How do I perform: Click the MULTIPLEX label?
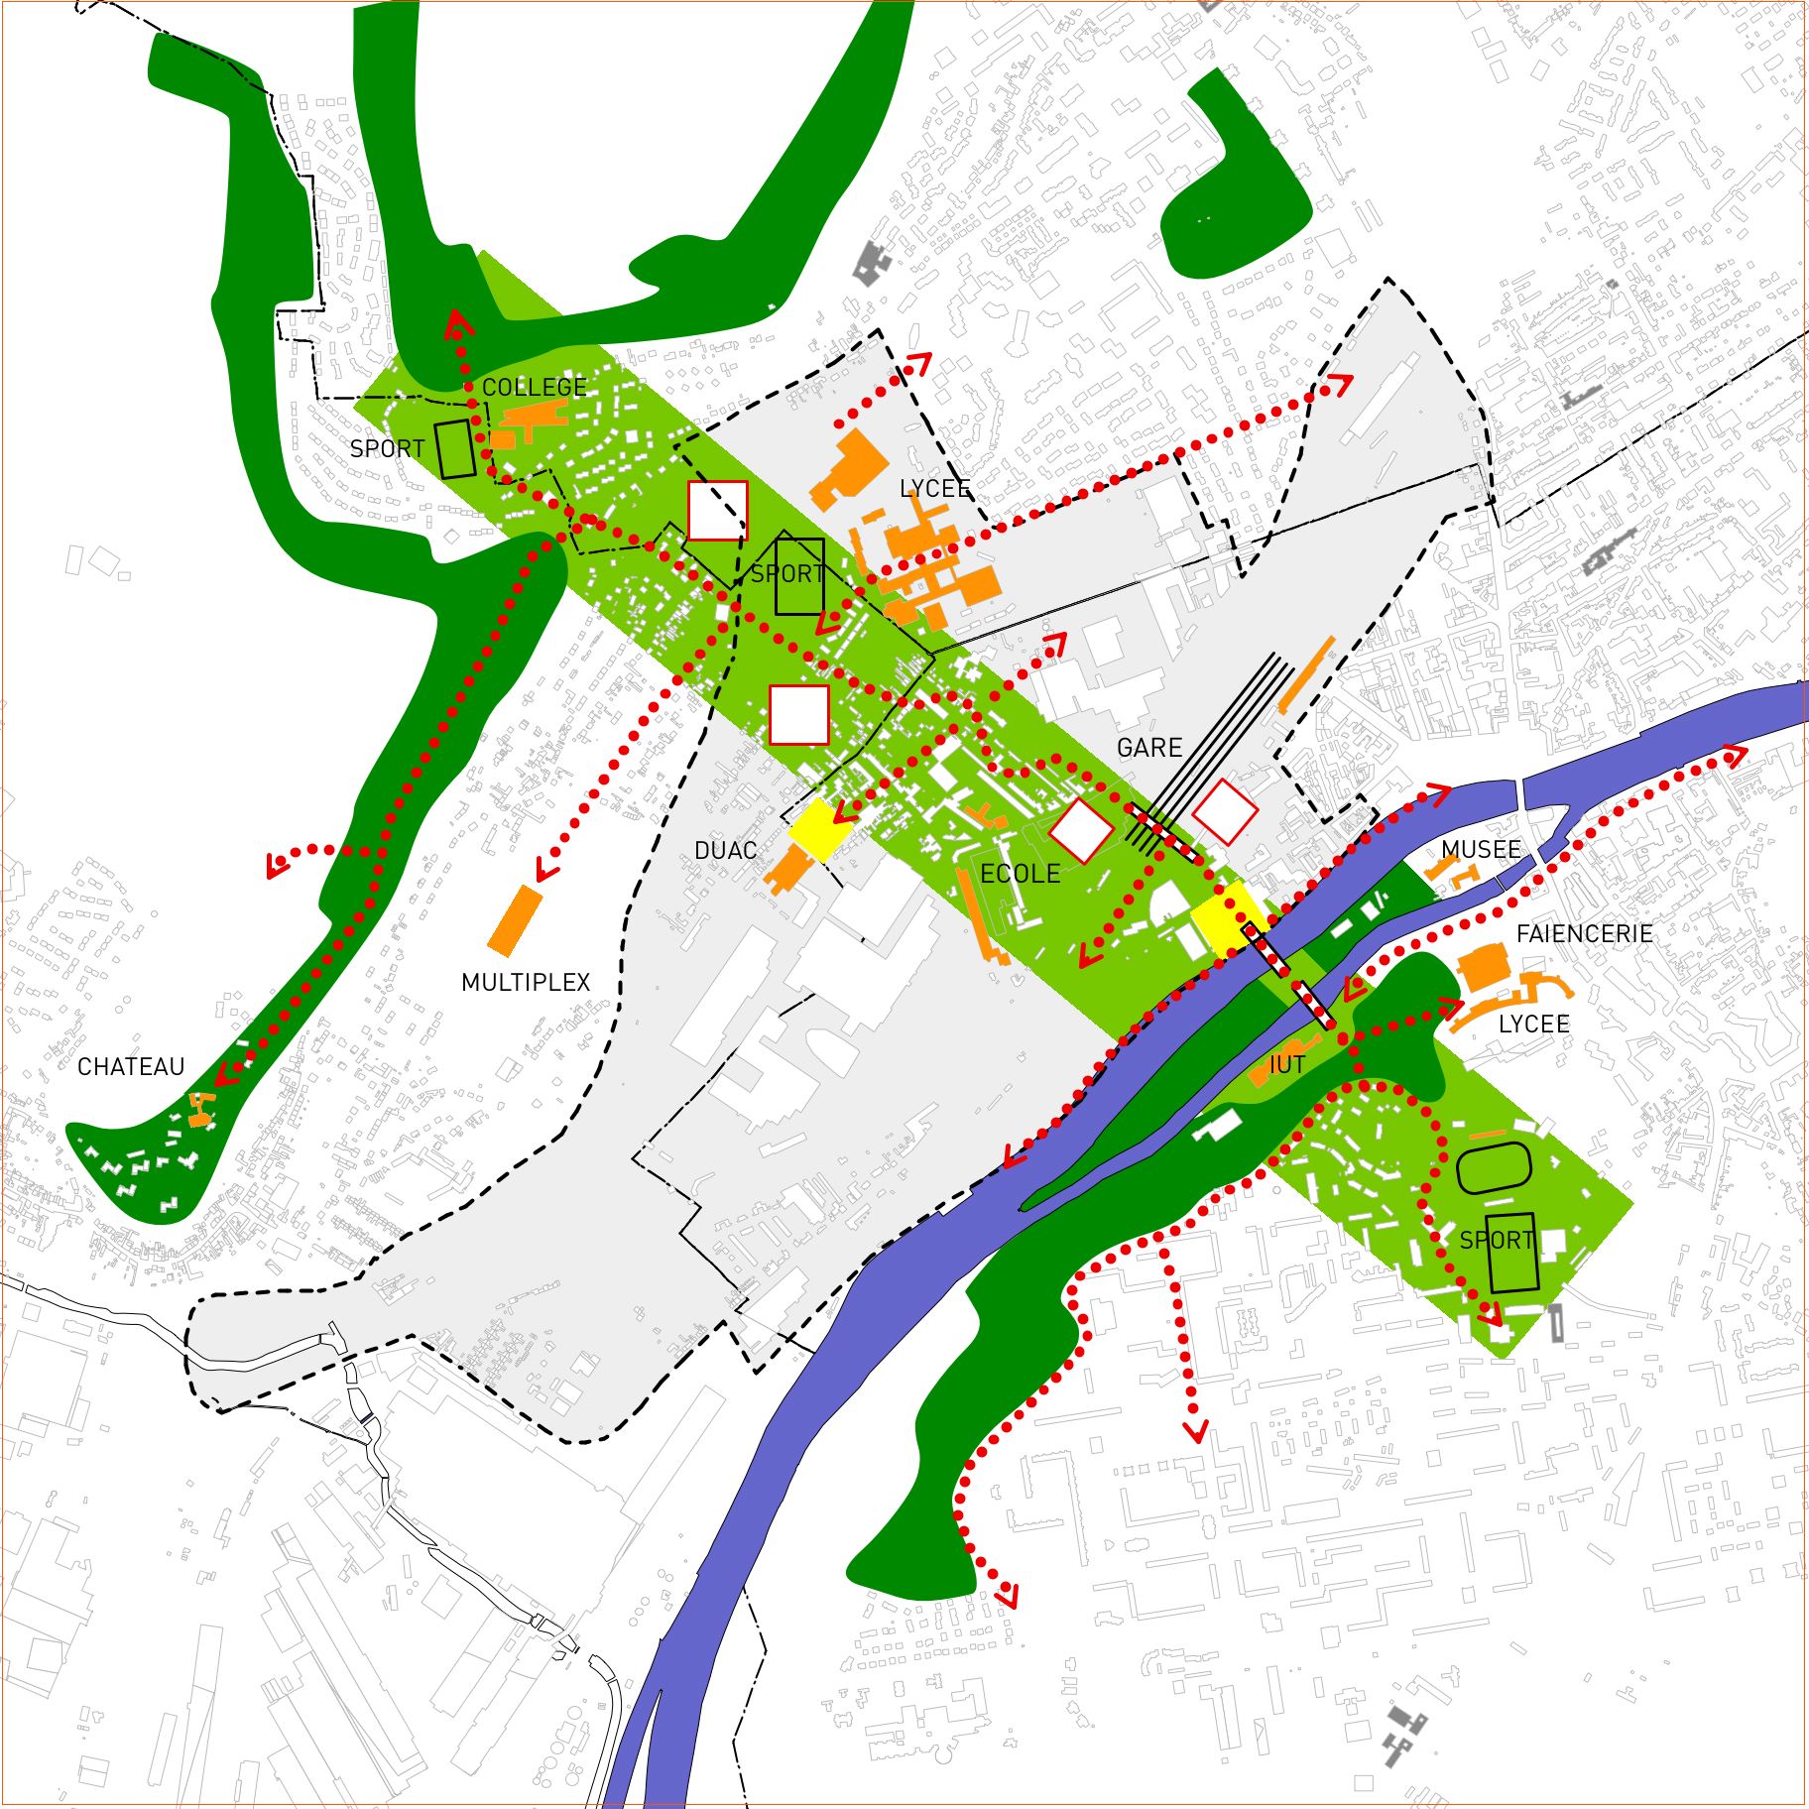(526, 982)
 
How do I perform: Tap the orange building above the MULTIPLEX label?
(516, 920)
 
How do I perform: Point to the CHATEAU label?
(131, 1066)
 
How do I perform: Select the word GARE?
(1149, 747)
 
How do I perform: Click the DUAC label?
(725, 850)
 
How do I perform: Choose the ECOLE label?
(1020, 874)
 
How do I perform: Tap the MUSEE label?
(1481, 849)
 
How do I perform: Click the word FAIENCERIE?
(1584, 933)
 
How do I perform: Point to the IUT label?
(1287, 1065)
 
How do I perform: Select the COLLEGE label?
(535, 387)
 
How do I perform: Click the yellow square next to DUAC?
(819, 830)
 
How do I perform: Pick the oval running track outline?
(1495, 1167)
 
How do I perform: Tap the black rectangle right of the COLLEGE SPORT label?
(455, 449)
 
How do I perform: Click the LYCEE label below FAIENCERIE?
(1533, 1024)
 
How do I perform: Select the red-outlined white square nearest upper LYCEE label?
(717, 511)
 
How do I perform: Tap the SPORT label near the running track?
(1497, 1240)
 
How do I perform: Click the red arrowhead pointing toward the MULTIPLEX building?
(543, 872)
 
